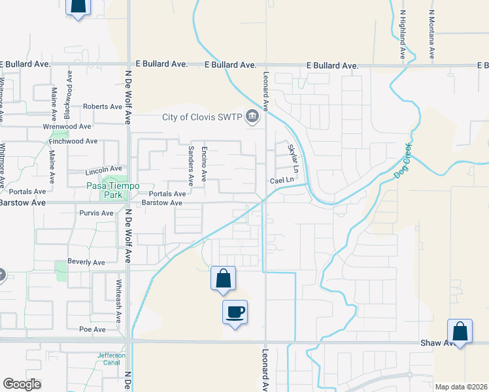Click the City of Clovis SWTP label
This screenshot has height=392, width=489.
pyautogui.click(x=203, y=118)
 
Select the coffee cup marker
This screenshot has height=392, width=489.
pyautogui.click(x=235, y=312)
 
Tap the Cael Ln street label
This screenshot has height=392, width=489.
pyautogui.click(x=282, y=180)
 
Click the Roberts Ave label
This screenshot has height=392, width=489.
pyautogui.click(x=103, y=106)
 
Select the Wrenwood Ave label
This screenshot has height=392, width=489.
pyautogui.click(x=67, y=126)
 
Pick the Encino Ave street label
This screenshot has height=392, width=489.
pyautogui.click(x=204, y=163)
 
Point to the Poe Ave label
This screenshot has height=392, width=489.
pyautogui.click(x=92, y=329)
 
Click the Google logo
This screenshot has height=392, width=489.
pyautogui.click(x=22, y=384)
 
